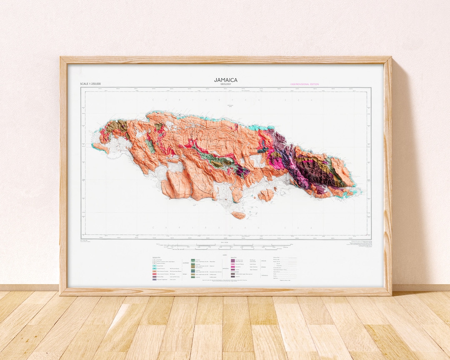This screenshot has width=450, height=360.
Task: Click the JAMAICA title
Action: pyautogui.click(x=225, y=80)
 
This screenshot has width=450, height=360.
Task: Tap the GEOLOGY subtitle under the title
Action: pyautogui.click(x=225, y=84)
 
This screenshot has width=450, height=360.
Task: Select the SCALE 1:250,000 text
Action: pyautogui.click(x=90, y=84)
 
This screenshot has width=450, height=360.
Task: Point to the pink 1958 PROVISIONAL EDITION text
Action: pyautogui.click(x=305, y=84)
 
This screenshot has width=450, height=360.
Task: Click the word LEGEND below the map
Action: pyautogui.click(x=225, y=255)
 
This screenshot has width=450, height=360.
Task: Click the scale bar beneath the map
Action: pyautogui.click(x=225, y=247)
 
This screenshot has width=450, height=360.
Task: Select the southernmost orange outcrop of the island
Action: pyautogui.click(x=239, y=215)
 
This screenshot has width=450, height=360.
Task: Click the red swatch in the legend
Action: pyautogui.click(x=155, y=273)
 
